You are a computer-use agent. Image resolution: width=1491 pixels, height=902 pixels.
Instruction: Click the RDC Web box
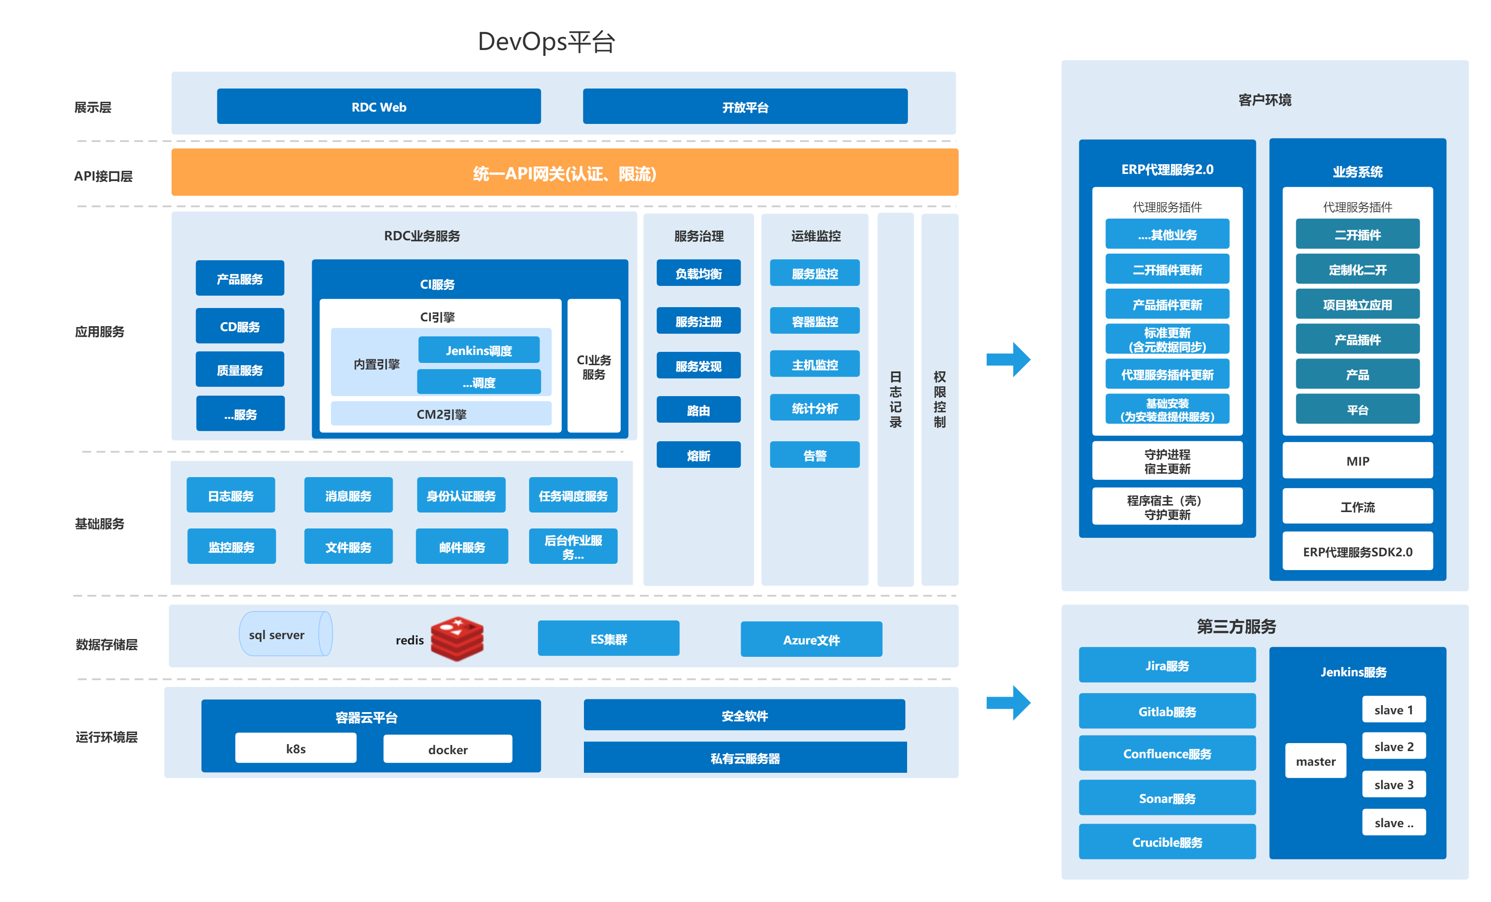coord(379,107)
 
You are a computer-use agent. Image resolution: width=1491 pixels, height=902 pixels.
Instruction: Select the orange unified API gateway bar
coord(564,173)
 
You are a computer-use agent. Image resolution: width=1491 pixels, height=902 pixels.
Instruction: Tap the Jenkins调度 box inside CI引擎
coord(479,350)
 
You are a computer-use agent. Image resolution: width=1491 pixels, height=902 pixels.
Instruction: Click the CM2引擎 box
coord(441,414)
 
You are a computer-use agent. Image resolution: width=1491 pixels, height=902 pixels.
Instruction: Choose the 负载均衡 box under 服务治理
coord(698,274)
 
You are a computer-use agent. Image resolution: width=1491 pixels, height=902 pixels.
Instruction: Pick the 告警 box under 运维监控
coord(815,455)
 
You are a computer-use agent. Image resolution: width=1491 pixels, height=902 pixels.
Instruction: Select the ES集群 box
coord(608,639)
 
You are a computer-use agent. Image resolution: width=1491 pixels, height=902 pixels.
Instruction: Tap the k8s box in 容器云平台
coord(295,749)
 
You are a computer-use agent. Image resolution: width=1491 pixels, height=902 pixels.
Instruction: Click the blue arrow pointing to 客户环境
coord(1008,360)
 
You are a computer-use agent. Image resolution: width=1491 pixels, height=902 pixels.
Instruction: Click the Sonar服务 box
coord(1167,798)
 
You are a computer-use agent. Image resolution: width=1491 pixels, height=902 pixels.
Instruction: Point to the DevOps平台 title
coord(546,42)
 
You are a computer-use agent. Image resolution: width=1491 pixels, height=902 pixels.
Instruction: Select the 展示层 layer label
coord(93,107)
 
